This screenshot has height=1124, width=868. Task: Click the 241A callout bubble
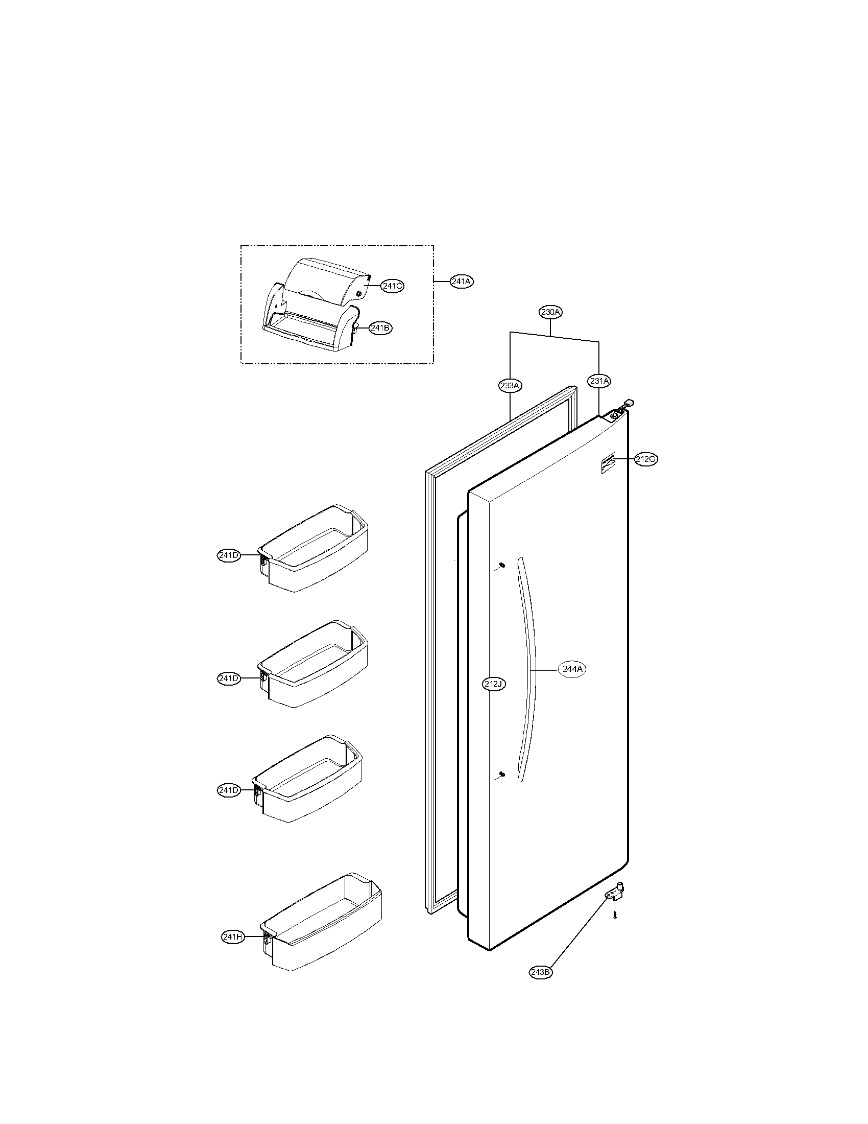pyautogui.click(x=461, y=282)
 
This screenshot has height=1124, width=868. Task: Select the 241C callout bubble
pyautogui.click(x=392, y=286)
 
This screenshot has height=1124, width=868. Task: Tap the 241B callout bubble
pyautogui.click(x=380, y=328)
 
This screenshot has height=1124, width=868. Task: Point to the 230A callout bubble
pyautogui.click(x=550, y=312)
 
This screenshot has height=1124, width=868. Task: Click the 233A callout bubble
pyautogui.click(x=510, y=385)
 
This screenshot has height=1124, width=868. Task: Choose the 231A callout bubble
pyautogui.click(x=599, y=381)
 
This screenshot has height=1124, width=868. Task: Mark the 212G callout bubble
pyautogui.click(x=645, y=460)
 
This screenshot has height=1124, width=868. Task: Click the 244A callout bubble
pyautogui.click(x=572, y=670)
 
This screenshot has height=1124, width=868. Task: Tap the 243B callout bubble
pyautogui.click(x=541, y=972)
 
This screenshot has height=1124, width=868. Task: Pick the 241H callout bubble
pyautogui.click(x=232, y=937)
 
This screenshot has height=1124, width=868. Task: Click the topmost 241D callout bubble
pyautogui.click(x=228, y=555)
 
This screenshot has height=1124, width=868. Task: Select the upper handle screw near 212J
pyautogui.click(x=502, y=566)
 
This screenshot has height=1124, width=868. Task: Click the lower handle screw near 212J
pyautogui.click(x=502, y=789)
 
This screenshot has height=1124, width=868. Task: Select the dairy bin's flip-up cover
pyautogui.click(x=329, y=280)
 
